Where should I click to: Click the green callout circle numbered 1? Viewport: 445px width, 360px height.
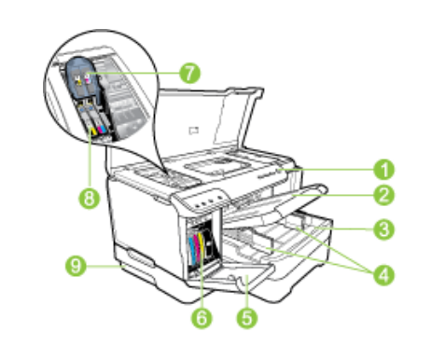(384, 170)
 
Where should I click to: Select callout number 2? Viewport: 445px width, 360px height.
(384, 195)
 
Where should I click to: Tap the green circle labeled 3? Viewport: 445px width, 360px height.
(384, 229)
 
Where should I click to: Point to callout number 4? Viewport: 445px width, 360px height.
(384, 275)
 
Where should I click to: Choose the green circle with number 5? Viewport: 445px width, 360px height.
(247, 318)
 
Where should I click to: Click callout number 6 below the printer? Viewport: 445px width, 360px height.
(202, 318)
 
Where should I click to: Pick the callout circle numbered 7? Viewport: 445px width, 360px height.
(189, 73)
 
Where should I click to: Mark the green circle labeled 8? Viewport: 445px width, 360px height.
(90, 199)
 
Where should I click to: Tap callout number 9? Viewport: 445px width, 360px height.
(76, 266)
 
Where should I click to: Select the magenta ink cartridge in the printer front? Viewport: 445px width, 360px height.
(197, 249)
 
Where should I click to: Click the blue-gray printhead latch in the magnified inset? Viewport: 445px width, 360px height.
(83, 77)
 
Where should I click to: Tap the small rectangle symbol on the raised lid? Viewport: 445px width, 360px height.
(194, 131)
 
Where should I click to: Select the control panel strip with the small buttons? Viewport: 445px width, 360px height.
(203, 200)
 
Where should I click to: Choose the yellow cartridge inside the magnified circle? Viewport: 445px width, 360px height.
(93, 131)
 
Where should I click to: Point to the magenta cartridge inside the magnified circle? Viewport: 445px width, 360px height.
(101, 129)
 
